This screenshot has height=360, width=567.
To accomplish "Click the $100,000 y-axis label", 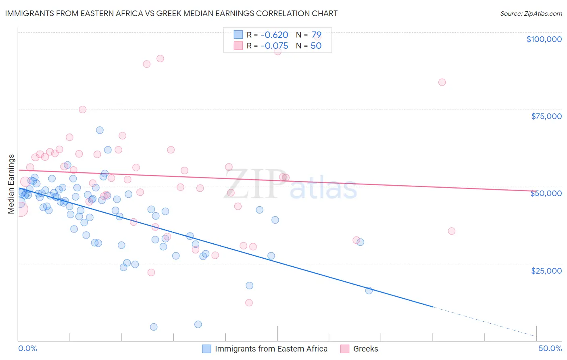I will [544, 39].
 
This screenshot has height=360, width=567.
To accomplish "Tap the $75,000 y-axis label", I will [546, 116].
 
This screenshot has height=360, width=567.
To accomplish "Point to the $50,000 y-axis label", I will [546, 193].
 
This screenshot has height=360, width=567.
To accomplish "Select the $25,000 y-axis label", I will [546, 270].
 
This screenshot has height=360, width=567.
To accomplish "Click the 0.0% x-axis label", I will [27, 348].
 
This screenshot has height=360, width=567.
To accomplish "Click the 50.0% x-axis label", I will [550, 348].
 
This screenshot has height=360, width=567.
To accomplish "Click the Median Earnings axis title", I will [11, 184].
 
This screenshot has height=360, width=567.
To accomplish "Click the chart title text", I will [171, 13].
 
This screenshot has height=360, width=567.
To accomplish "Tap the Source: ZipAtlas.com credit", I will [531, 14].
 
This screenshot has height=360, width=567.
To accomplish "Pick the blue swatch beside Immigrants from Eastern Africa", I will [206, 349].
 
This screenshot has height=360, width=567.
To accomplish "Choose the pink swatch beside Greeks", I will [345, 349].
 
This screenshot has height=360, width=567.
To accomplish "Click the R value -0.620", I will [274, 35].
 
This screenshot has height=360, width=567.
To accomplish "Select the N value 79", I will [316, 35].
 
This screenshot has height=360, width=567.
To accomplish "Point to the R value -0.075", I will [274, 46].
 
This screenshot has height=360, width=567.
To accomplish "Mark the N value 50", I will [316, 46].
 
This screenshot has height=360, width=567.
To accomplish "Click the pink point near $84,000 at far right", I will [442, 82].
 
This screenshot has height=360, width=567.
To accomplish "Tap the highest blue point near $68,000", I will [100, 130].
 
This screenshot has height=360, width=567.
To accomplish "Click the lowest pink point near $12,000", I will [249, 303].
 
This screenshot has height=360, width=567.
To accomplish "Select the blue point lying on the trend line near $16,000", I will [369, 291].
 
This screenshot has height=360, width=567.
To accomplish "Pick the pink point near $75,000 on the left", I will [83, 109].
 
